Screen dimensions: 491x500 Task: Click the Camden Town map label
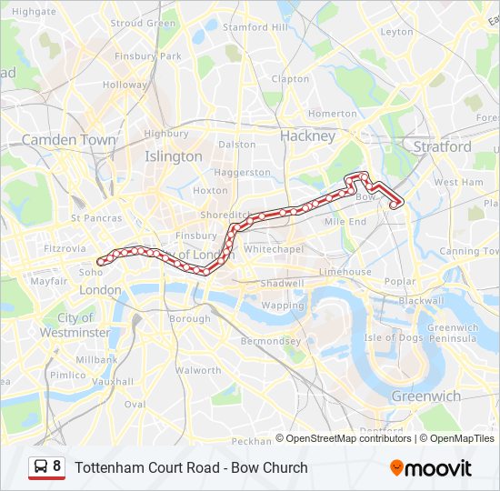[69, 140]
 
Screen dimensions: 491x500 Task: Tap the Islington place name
[174, 156]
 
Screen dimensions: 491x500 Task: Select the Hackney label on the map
[308, 135]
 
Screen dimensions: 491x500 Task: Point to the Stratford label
[443, 146]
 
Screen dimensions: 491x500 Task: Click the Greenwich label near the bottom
[426, 396]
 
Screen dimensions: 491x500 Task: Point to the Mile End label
[345, 222]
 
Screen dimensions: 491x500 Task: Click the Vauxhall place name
[112, 382]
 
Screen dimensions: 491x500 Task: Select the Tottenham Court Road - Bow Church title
[191, 468]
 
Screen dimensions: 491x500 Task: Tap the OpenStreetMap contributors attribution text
[349, 438]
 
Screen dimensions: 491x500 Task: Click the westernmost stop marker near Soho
[100, 262]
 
